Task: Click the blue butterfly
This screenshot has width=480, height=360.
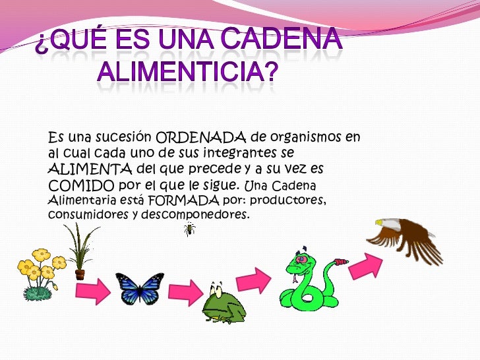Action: [140, 289]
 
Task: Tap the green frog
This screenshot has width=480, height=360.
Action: [222, 305]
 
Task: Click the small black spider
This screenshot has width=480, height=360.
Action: [190, 229]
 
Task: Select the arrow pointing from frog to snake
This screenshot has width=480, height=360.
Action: [254, 281]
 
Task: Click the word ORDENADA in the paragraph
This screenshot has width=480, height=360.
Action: [201, 138]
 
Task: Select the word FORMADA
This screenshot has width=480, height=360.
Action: [183, 199]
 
